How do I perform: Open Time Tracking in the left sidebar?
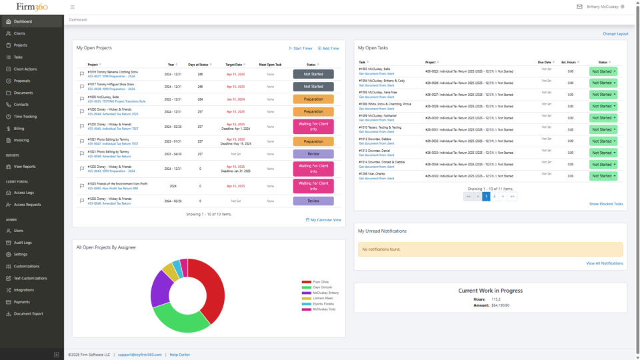point(25,117)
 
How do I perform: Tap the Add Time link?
point(329,49)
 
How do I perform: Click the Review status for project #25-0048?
point(313,153)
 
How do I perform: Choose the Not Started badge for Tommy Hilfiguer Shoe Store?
point(313,86)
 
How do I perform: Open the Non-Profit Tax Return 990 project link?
point(112,189)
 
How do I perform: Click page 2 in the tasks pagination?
point(494,197)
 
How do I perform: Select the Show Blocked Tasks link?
point(605,204)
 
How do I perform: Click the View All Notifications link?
point(604,263)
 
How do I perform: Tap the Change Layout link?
point(615,33)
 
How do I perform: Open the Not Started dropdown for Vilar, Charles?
point(603,176)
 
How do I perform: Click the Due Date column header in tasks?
point(545,62)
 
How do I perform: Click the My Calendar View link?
point(324,219)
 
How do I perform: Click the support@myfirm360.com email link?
point(141,355)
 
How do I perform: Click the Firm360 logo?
point(31,7)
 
